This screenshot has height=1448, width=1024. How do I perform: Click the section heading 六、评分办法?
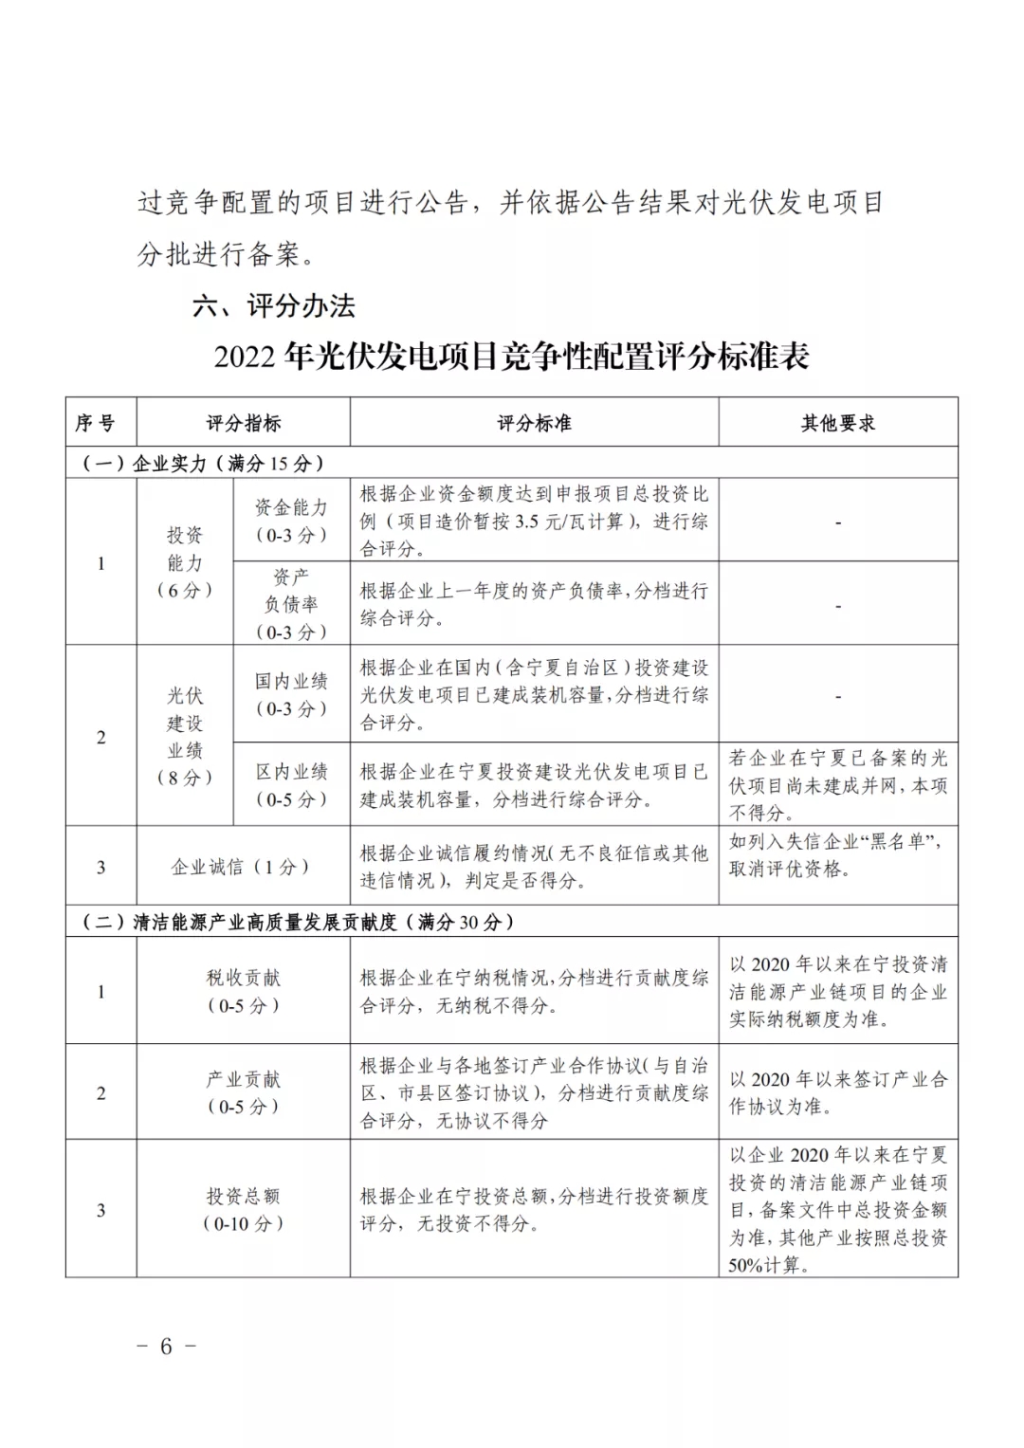pos(274,305)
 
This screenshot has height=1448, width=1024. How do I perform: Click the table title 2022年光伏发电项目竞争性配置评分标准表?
pos(511,357)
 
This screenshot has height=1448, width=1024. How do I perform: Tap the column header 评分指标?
pos(244,423)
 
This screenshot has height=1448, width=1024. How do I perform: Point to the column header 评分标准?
pos(534,423)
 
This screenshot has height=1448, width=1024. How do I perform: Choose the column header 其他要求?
pos(838,423)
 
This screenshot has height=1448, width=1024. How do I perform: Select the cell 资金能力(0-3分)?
pos(291,521)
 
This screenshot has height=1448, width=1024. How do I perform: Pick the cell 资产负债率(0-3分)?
pos(291,604)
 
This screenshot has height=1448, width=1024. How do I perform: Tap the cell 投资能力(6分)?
pos(185,562)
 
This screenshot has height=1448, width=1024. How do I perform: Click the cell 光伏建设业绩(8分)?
pos(185,736)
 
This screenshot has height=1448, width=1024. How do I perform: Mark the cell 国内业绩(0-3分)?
pos(291,694)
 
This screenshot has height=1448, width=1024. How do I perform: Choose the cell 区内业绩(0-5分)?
pos(291,785)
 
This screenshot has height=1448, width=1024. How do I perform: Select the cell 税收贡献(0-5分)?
pos(244,991)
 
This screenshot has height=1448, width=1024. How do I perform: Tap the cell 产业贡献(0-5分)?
pos(244,1092)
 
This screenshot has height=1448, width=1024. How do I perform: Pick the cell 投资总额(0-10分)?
pos(244,1209)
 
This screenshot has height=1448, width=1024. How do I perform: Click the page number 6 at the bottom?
pos(166,1347)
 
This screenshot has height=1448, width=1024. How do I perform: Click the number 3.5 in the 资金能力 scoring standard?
pos(526,522)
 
